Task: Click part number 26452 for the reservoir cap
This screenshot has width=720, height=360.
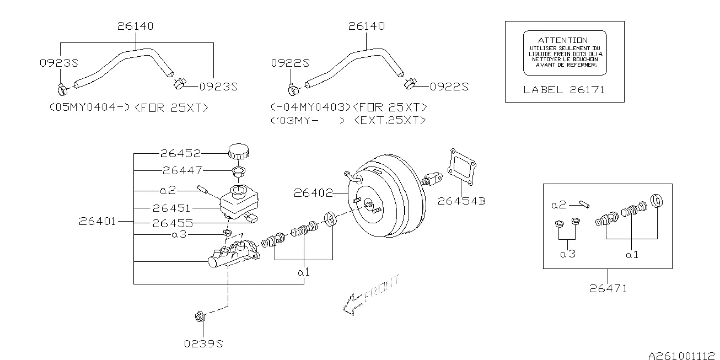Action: pyautogui.click(x=180, y=154)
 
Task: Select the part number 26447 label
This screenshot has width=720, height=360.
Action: pyautogui.click(x=182, y=170)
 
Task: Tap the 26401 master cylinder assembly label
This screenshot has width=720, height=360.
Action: pyautogui.click(x=97, y=221)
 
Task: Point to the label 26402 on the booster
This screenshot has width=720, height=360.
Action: pyautogui.click(x=313, y=193)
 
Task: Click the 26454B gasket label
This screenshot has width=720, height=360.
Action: pyautogui.click(x=462, y=201)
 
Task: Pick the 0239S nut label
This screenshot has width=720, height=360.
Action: pyautogui.click(x=203, y=344)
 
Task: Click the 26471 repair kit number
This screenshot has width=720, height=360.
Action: pyautogui.click(x=608, y=288)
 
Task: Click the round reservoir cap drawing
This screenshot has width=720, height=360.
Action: pyautogui.click(x=238, y=151)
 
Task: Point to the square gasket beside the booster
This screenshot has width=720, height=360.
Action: pyautogui.click(x=463, y=166)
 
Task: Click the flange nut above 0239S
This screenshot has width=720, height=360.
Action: pyautogui.click(x=200, y=317)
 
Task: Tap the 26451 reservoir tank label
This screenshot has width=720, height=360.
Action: pyautogui.click(x=171, y=208)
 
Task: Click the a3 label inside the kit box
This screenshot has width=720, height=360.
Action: pyautogui.click(x=567, y=254)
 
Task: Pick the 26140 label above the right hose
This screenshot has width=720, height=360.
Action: pyautogui.click(x=367, y=26)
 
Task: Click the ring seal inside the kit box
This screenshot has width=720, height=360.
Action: pyautogui.click(x=657, y=201)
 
